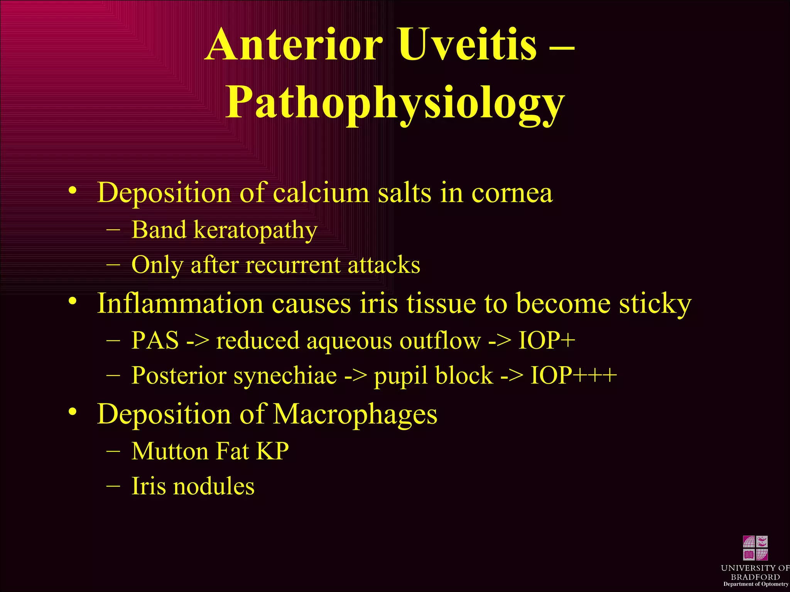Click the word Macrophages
(355, 415)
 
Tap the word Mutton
(170, 451)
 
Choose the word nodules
(214, 486)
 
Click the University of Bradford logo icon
(755, 548)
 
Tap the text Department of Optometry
(755, 584)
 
